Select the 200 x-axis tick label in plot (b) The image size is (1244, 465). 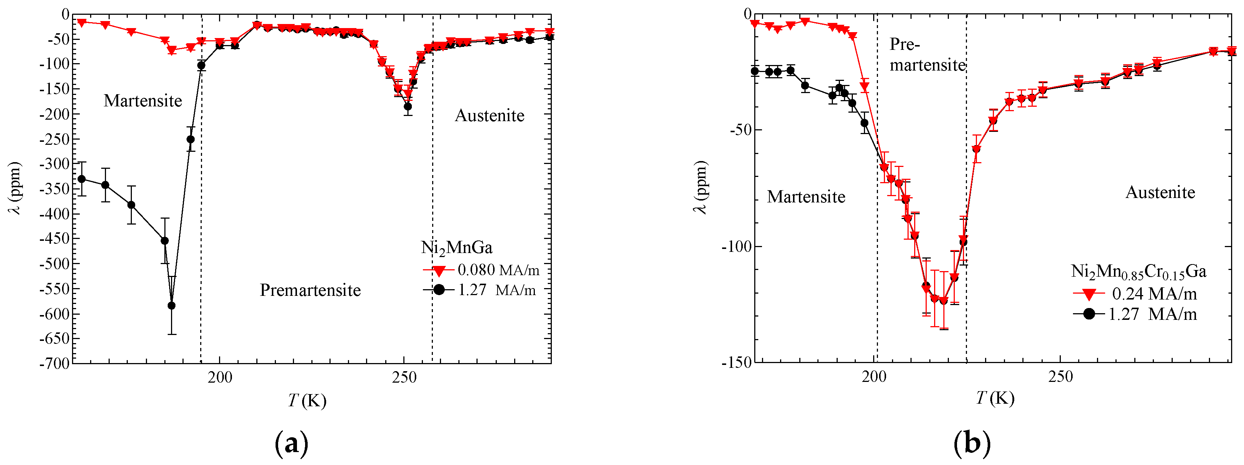874,377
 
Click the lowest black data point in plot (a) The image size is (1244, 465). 171,306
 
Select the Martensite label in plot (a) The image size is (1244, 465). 143,100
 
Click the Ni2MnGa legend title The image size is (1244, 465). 457,248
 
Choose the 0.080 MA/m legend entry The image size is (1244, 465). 498,270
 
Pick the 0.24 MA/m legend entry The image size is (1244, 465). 1153,294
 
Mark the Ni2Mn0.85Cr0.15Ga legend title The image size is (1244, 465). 1138,271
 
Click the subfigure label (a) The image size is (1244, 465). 291,443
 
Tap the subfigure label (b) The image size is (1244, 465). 972,443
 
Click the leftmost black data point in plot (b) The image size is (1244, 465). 755,71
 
